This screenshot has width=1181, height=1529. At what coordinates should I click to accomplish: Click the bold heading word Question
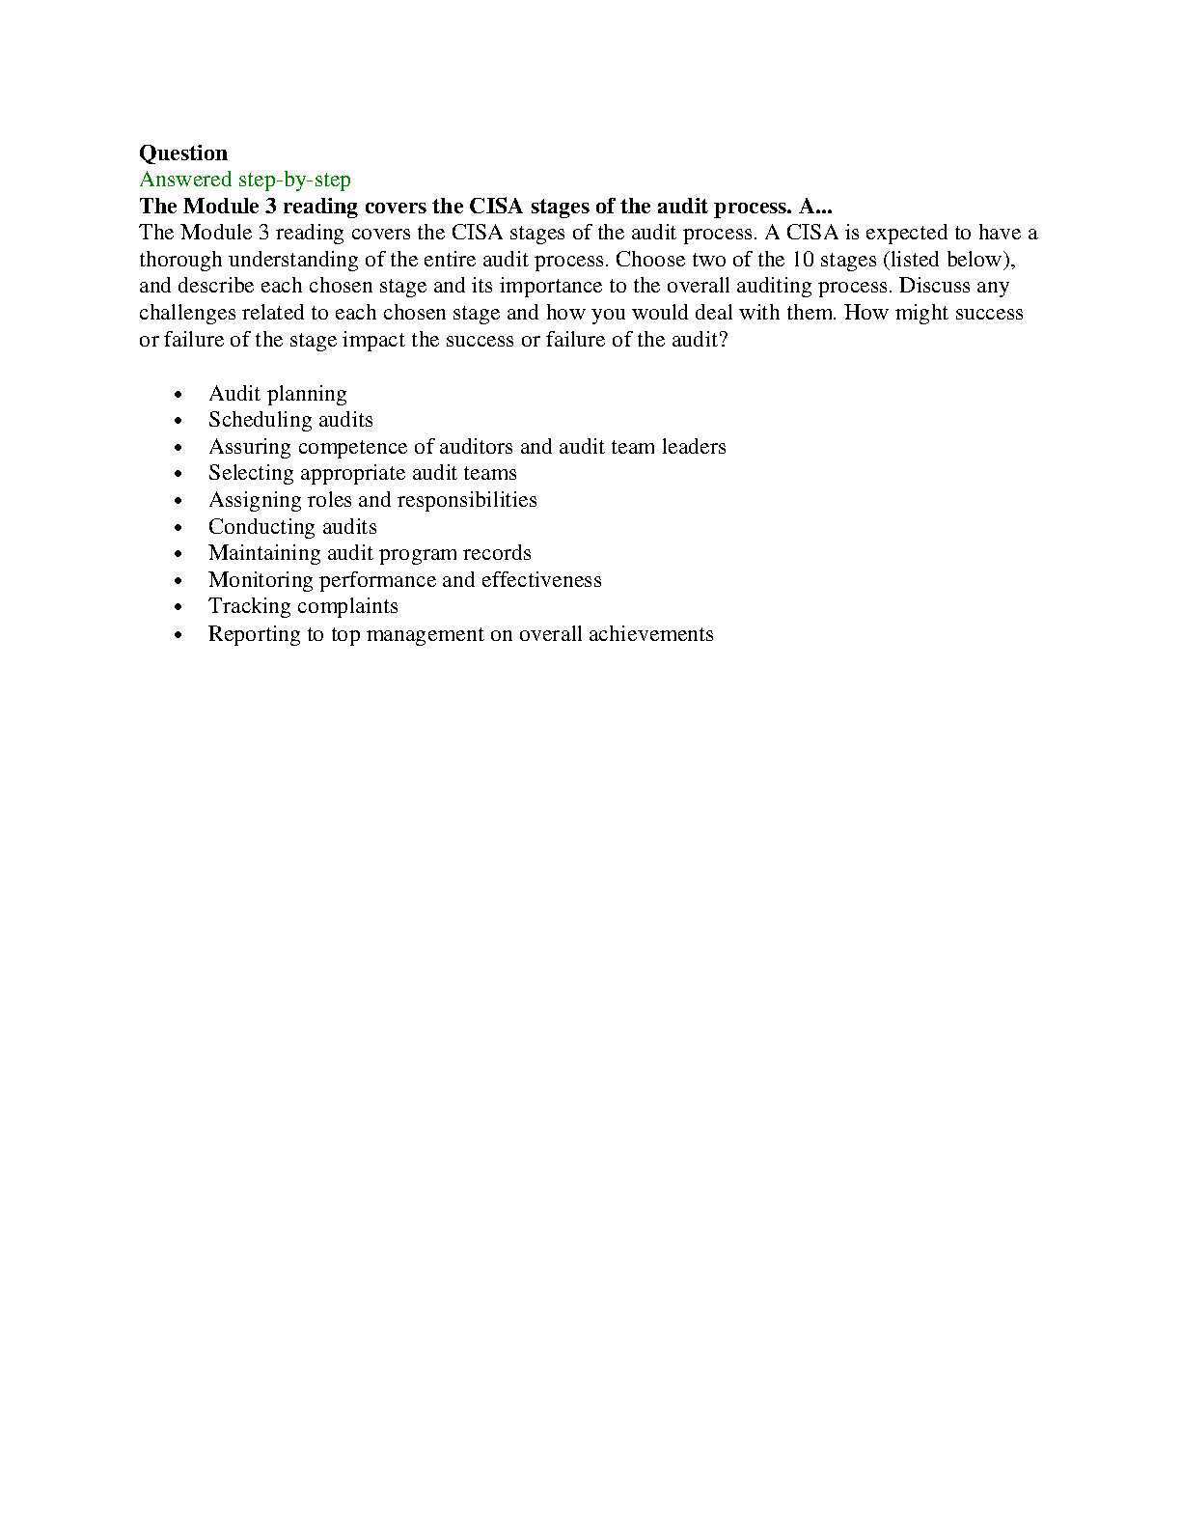[x=183, y=153]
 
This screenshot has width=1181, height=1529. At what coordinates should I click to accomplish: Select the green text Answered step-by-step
[x=245, y=180]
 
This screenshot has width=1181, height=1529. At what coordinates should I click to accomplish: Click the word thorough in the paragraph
[x=180, y=260]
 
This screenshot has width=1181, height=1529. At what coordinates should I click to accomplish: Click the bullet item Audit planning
[x=277, y=394]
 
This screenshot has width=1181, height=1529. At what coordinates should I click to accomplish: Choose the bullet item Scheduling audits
[x=290, y=420]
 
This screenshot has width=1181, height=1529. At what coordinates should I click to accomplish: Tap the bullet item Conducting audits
[x=292, y=527]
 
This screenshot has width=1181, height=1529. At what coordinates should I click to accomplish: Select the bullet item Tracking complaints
[x=303, y=606]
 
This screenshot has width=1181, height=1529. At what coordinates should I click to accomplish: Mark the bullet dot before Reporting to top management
[x=178, y=635]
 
